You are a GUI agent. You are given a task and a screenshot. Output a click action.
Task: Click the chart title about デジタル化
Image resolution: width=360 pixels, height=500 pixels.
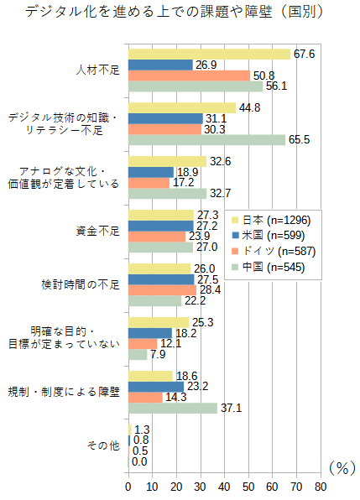click(175, 12)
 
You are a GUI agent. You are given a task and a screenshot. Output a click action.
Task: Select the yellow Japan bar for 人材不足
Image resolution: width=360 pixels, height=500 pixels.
click(210, 55)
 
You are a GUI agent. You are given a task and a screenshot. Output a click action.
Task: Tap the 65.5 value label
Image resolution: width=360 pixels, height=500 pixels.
click(299, 139)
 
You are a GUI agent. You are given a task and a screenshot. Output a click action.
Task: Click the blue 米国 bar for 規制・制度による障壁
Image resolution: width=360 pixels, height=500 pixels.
click(156, 387)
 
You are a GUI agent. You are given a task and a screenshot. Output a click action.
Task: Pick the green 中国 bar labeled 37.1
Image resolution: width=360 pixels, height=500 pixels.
click(173, 409)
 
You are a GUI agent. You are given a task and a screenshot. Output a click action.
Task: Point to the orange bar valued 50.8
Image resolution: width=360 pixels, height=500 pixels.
click(190, 76)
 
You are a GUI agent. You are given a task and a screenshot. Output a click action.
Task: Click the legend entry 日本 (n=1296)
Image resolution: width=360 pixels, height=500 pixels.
click(272, 220)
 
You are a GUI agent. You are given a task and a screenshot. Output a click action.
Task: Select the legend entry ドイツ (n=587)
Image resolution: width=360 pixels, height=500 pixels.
click(274, 252)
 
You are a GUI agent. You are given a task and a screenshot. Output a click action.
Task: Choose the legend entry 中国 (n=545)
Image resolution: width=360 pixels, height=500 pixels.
click(269, 267)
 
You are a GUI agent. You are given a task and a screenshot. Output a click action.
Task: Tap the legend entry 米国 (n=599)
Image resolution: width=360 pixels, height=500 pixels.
click(269, 236)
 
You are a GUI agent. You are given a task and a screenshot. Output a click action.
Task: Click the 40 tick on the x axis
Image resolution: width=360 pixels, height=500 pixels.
click(224, 487)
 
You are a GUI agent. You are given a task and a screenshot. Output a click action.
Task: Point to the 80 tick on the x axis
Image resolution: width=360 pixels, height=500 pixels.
click(321, 487)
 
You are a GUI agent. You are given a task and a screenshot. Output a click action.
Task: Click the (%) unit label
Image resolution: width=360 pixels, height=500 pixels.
click(342, 468)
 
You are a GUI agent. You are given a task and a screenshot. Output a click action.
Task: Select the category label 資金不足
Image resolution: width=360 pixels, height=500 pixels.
click(98, 231)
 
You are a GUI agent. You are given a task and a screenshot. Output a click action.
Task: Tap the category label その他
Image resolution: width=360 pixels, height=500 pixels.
click(103, 445)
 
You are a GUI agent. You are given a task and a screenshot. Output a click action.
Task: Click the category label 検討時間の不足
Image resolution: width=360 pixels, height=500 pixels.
click(81, 284)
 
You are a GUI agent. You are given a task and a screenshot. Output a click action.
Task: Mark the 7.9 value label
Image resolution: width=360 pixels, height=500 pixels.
click(158, 354)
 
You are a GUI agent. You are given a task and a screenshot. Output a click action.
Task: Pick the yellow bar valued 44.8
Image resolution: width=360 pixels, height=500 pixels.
click(182, 107)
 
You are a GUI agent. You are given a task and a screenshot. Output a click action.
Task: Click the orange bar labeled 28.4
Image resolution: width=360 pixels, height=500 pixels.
click(162, 290)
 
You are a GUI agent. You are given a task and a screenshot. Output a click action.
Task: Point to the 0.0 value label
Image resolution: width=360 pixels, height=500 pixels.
click(139, 461)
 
